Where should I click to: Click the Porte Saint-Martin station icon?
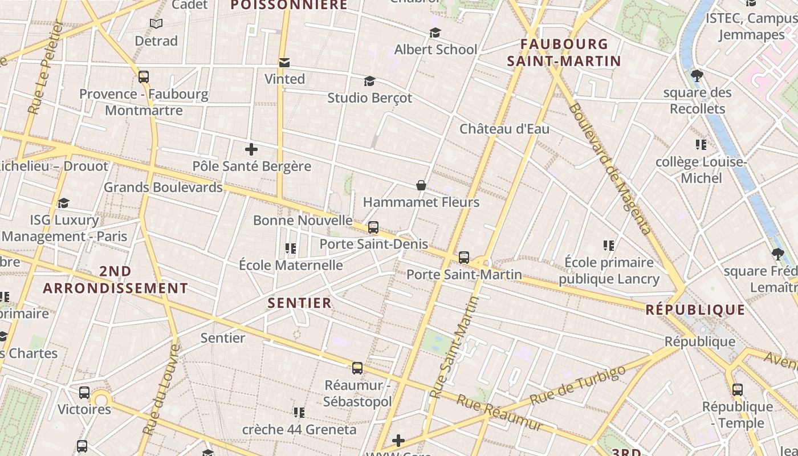point(464,258)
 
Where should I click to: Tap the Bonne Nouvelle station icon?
point(373,227)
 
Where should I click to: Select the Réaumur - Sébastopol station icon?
point(357,368)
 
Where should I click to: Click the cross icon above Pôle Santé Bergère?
point(251,149)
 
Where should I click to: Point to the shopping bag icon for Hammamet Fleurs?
point(421,185)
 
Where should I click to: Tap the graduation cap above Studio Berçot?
point(369,81)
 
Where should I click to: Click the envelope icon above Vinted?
point(284,62)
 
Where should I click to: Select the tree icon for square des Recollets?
point(697,76)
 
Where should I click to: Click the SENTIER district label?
point(300,303)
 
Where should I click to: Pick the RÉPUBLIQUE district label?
point(695,310)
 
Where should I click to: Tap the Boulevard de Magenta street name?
point(610,169)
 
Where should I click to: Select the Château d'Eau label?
point(504,129)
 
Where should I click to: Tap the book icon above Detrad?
point(156,24)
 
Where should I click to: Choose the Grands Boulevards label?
point(163,187)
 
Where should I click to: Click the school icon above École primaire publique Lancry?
point(608,246)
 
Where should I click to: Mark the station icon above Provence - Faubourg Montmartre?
point(144,77)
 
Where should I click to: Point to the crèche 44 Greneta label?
point(299,429)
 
